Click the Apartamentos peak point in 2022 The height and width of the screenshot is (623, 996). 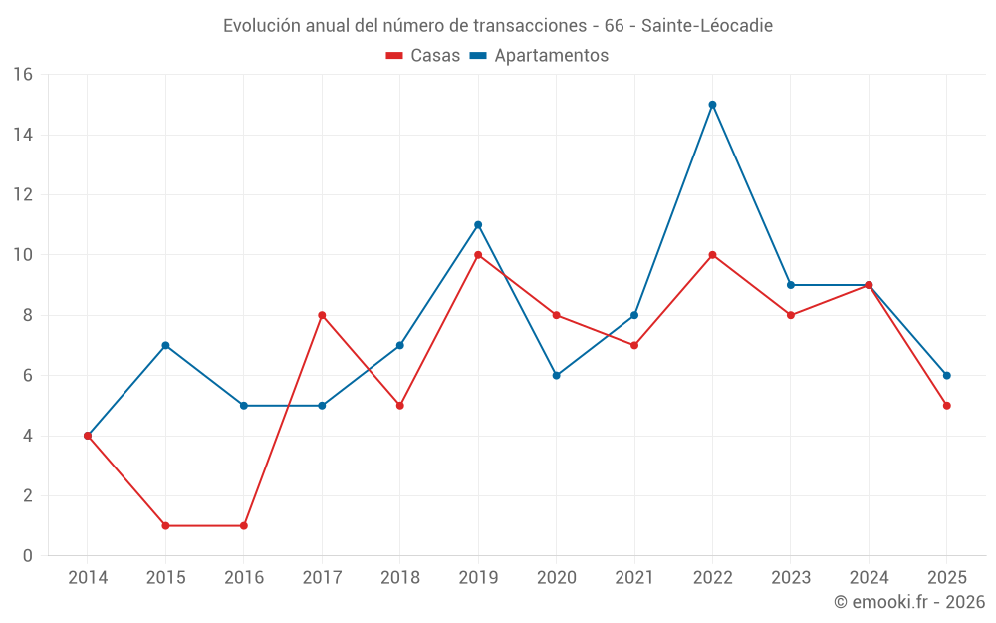pyautogui.click(x=712, y=105)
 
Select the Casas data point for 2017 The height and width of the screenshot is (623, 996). pyautogui.click(x=322, y=315)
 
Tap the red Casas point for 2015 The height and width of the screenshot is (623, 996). pyautogui.click(x=165, y=525)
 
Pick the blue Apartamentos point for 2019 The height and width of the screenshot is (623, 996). pyautogui.click(x=478, y=225)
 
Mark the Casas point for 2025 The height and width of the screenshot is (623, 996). pyautogui.click(x=946, y=406)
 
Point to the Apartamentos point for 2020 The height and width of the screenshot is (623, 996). pyautogui.click(x=556, y=376)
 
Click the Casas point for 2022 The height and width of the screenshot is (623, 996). pyautogui.click(x=712, y=255)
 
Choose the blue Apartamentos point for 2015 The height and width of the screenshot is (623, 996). pyautogui.click(x=165, y=346)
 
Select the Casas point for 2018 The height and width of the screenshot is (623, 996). pyautogui.click(x=399, y=406)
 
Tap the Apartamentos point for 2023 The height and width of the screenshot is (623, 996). pyautogui.click(x=791, y=285)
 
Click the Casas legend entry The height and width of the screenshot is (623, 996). pyautogui.click(x=423, y=56)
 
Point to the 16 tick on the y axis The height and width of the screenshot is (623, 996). pyautogui.click(x=23, y=75)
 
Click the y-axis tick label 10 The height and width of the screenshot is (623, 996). pyautogui.click(x=23, y=255)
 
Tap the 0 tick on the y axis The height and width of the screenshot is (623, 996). pyautogui.click(x=28, y=556)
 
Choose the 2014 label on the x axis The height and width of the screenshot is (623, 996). pyautogui.click(x=88, y=578)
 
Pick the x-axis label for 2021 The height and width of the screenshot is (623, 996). pyautogui.click(x=634, y=578)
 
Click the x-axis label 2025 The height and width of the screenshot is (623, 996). pyautogui.click(x=946, y=578)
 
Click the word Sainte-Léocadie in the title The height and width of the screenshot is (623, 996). pyautogui.click(x=706, y=26)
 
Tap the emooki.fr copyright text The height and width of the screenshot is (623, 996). pyautogui.click(x=909, y=602)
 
